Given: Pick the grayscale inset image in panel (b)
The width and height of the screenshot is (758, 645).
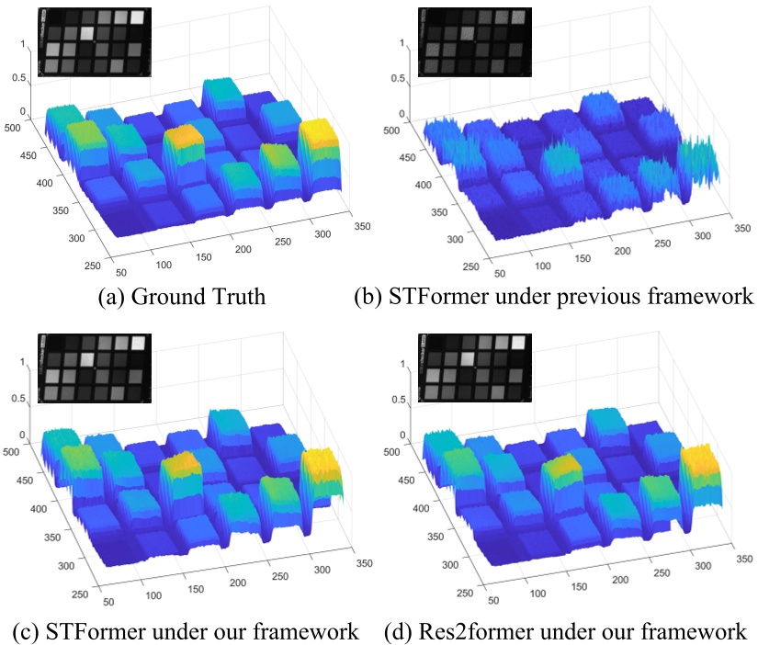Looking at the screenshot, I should pos(472,41).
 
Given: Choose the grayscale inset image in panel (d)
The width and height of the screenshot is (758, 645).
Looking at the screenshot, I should pos(472,372).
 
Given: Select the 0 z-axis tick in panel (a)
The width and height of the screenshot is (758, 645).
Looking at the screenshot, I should pos(23,112).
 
